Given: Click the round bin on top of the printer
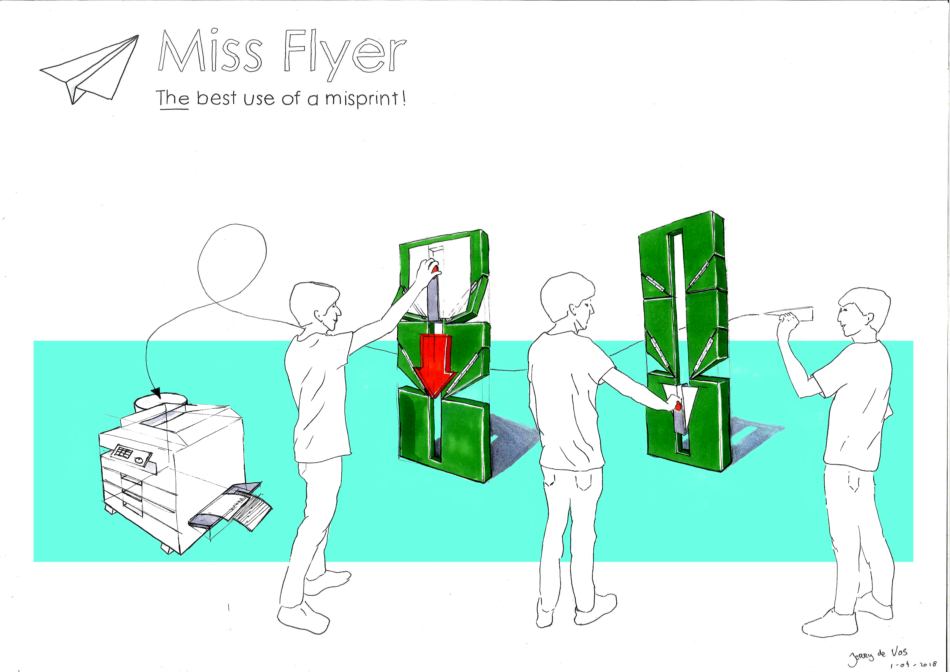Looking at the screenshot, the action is coord(160,401).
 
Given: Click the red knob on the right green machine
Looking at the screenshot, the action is coord(678,406).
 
